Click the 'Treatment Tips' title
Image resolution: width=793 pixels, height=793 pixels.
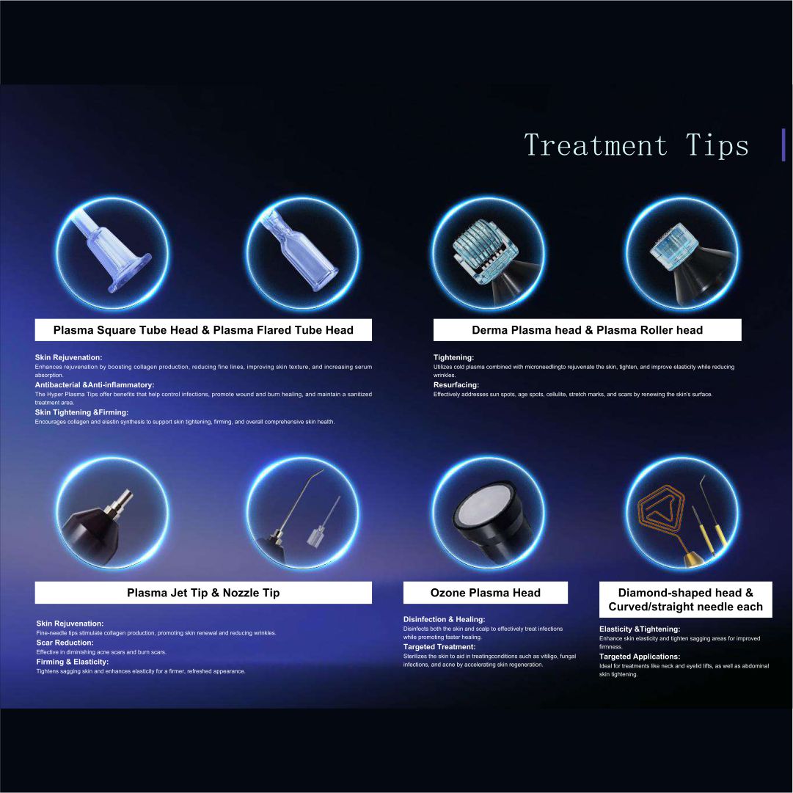tap(636, 146)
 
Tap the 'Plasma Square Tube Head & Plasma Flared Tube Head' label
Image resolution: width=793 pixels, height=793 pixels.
tap(203, 330)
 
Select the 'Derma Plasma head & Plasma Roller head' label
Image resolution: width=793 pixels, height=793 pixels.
tap(587, 330)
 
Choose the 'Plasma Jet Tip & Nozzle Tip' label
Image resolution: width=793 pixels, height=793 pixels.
tap(203, 593)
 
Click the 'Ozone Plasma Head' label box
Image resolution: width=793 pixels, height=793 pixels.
tap(486, 593)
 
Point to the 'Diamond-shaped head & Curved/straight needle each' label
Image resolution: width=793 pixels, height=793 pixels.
tap(686, 600)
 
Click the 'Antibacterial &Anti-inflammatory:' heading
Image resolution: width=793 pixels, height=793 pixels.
tap(95, 385)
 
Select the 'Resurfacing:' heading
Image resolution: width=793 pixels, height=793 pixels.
tap(456, 385)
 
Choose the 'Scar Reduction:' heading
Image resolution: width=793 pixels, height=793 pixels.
tap(65, 643)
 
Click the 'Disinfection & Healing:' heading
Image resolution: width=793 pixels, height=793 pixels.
tap(444, 620)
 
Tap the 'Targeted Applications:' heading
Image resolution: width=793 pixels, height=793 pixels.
tap(640, 657)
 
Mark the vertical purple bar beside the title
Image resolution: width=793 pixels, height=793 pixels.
tap(783, 145)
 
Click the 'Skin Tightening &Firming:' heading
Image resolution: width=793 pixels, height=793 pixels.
tap(81, 412)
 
